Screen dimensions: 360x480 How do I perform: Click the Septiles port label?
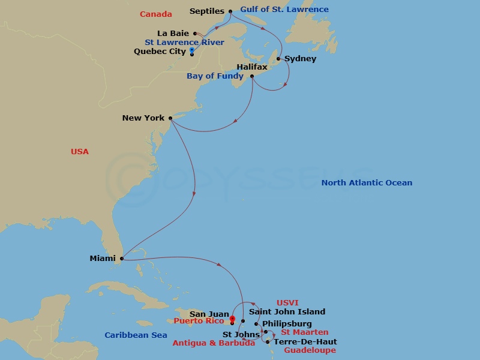coord(206,11)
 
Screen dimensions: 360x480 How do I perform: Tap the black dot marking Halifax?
coord(252,76)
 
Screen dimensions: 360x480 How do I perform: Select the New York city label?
coord(143,118)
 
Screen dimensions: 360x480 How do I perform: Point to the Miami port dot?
coord(122,259)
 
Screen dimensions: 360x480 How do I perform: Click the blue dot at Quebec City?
coord(192,51)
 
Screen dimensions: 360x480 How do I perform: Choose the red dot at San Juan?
coord(232,319)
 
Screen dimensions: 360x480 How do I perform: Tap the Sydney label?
coord(300,59)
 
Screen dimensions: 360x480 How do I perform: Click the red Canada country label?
coord(155,14)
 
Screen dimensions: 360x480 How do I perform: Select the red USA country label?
coord(79,152)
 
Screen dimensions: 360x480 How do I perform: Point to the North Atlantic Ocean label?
coord(367,183)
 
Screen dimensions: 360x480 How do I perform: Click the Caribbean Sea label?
coord(136,335)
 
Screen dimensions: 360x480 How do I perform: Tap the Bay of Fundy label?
coord(215,76)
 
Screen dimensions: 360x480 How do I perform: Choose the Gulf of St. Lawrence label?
coord(284,10)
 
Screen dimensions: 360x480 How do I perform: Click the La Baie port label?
coord(173,34)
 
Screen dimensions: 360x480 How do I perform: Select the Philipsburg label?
coord(287,324)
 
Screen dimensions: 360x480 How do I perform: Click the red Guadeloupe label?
coord(310,350)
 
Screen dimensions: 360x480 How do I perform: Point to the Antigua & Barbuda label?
coord(214,343)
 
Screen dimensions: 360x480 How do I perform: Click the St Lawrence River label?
coord(184,43)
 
